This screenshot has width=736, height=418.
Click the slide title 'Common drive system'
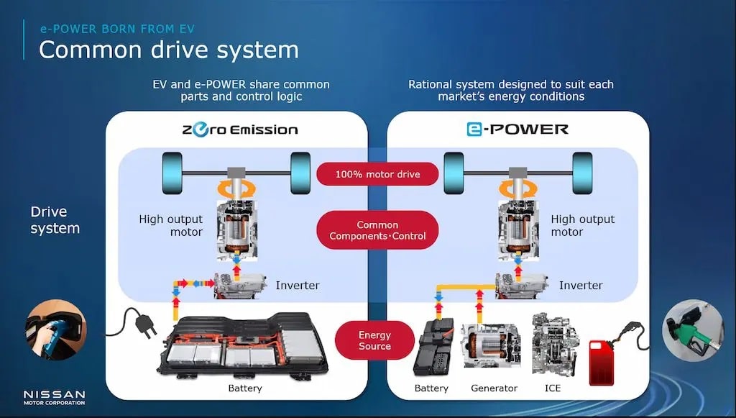[168, 50]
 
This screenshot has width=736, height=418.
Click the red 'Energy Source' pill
[374, 340]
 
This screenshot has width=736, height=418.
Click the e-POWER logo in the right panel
[517, 130]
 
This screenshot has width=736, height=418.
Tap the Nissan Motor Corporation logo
[54, 398]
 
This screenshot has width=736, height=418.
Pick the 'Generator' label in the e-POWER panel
[494, 389]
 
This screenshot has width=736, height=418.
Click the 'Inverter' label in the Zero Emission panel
[298, 286]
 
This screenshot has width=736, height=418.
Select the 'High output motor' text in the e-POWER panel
[583, 225]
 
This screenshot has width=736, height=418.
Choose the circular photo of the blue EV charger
[55, 330]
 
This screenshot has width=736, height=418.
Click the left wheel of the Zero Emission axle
[174, 173]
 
